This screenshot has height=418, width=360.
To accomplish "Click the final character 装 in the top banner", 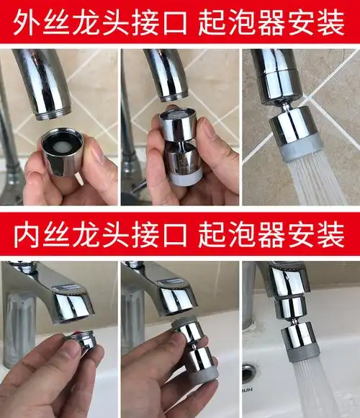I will (x=336, y=24).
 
